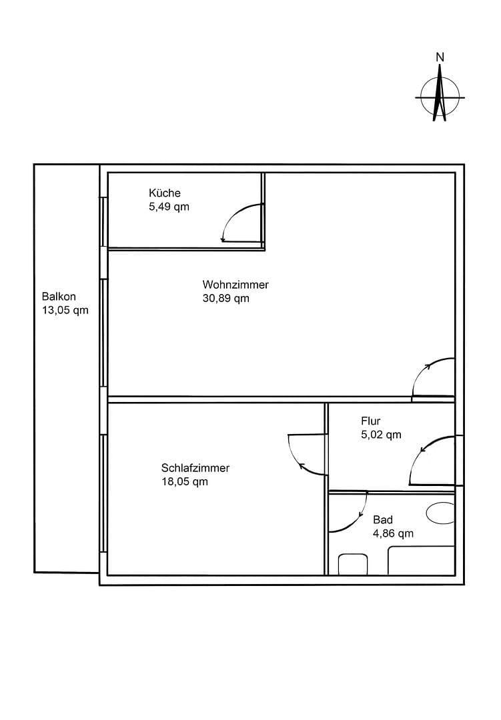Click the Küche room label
[164, 193]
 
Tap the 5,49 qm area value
[169, 207]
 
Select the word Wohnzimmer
[235, 285]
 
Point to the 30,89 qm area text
[225, 299]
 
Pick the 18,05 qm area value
[184, 481]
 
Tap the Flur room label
[371, 421]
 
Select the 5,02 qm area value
[381, 435]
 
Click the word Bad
[383, 520]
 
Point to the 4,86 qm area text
[393, 533]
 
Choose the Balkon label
[59, 297]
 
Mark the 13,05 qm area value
[65, 310]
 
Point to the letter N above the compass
[440, 57]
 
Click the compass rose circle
[440, 97]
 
